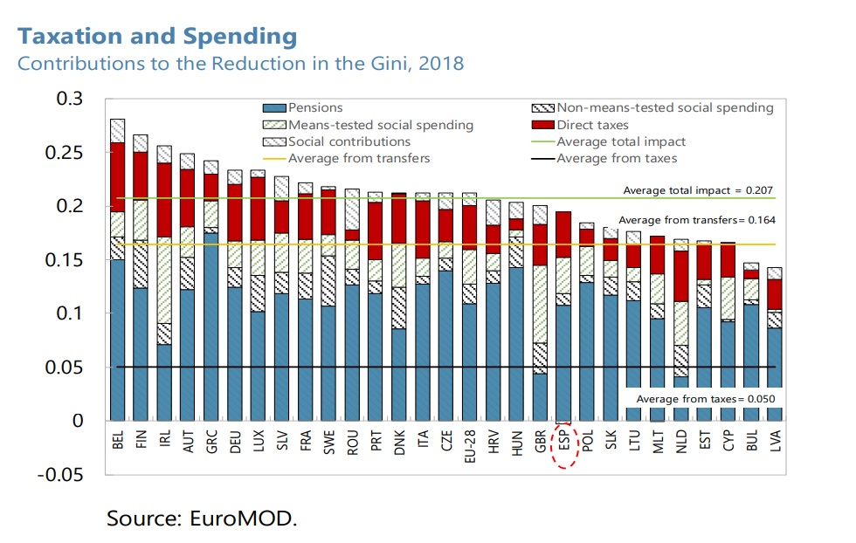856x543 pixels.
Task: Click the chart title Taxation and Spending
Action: coord(157,37)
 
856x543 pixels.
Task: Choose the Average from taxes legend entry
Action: coord(617,158)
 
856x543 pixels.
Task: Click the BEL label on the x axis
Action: coord(118,441)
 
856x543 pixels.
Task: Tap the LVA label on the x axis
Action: coord(776,441)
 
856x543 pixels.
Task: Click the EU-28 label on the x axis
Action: coord(470,444)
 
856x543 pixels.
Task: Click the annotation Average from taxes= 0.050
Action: coord(706,400)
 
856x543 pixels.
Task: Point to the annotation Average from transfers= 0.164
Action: coord(697,221)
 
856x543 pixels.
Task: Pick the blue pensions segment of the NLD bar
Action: coord(681,399)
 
